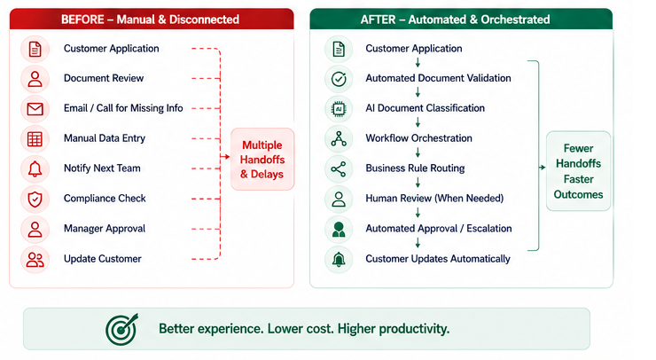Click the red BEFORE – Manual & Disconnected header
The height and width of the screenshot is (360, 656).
152,20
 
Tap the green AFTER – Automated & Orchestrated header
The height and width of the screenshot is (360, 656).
461,20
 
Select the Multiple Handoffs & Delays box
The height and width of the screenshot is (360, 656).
262,160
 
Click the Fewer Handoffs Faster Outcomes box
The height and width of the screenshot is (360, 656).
578,171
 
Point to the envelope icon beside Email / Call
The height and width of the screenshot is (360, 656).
35,109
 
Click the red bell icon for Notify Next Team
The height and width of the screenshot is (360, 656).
35,168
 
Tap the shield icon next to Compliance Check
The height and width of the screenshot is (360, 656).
35,200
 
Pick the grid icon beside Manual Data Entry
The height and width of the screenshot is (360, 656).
35,139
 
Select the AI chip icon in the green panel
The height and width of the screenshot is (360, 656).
339,109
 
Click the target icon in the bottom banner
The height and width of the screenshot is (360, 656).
121,330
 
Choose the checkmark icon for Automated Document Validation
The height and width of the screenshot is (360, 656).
339,79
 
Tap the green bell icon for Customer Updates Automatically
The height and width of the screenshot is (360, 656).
339,260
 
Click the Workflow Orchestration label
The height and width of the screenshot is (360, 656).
418,138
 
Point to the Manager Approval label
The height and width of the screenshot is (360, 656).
105,229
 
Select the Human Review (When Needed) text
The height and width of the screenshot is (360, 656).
434,198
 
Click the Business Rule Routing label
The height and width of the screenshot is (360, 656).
415,168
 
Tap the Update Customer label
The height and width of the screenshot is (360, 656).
103,259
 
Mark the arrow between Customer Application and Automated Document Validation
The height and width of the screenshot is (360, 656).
418,63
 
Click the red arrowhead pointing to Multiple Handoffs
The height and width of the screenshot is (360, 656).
227,157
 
